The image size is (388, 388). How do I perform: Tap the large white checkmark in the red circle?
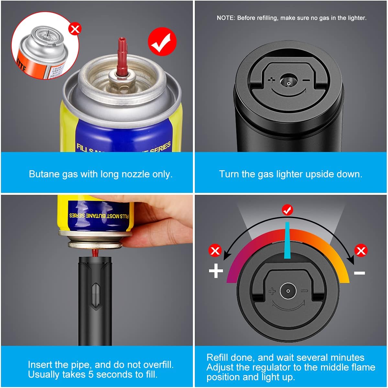(162, 42)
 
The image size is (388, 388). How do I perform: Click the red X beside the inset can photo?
(75, 29)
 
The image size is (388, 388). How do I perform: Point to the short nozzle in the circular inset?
(47, 33)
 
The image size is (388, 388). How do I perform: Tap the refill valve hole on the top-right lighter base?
(288, 83)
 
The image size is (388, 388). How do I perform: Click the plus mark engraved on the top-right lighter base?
(272, 80)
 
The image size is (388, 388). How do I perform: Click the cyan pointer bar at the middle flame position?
(287, 240)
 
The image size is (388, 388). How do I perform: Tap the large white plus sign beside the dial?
(216, 271)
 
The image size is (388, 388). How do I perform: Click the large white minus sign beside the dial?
(359, 273)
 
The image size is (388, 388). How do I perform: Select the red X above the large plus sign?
(215, 251)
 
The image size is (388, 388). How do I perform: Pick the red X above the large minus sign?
(360, 250)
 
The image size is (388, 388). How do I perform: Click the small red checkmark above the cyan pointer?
(287, 210)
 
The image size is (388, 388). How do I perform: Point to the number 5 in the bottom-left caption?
(91, 375)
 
